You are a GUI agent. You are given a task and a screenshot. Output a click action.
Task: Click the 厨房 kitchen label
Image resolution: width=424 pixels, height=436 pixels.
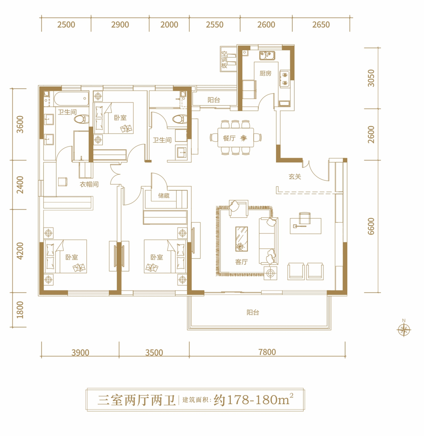tap(265, 73)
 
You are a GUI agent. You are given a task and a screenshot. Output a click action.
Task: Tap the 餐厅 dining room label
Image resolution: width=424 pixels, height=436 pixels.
tap(229, 138)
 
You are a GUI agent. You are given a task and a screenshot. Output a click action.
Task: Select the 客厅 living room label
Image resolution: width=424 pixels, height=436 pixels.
tap(241, 262)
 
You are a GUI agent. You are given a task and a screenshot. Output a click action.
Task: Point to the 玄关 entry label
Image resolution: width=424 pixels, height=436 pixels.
tap(295, 176)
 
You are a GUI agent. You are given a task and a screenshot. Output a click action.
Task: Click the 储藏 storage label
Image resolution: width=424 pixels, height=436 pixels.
tap(164, 196)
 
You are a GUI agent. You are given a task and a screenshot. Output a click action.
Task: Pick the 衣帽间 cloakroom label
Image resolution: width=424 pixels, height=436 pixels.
tap(89, 184)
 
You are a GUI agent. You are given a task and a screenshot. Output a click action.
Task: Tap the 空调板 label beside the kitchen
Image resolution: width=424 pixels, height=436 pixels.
tap(224, 60)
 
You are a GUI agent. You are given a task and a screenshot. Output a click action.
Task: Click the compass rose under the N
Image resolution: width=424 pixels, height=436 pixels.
tap(404, 330)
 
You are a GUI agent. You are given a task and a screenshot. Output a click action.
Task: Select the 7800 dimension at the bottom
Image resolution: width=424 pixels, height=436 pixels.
tap(267, 352)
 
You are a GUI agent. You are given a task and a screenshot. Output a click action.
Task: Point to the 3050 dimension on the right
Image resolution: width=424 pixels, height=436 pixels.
tap(371, 78)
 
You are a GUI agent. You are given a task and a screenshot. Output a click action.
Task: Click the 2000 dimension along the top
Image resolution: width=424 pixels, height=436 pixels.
tap(169, 25)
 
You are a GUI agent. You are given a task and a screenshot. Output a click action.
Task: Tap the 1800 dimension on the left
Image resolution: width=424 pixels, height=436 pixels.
tap(20, 310)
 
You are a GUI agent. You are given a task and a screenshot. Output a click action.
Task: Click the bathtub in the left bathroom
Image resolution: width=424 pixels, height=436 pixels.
tap(71, 99)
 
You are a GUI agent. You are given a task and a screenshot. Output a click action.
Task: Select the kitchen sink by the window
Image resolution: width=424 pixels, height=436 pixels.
tap(267, 56)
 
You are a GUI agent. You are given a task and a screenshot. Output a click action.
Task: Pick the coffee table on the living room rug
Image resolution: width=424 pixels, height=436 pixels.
tap(241, 239)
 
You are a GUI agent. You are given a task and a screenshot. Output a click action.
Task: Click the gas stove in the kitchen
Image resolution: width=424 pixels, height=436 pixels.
tap(285, 79)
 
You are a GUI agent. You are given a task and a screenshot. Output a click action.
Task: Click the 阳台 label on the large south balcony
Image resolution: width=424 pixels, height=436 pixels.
tap(253, 312)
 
